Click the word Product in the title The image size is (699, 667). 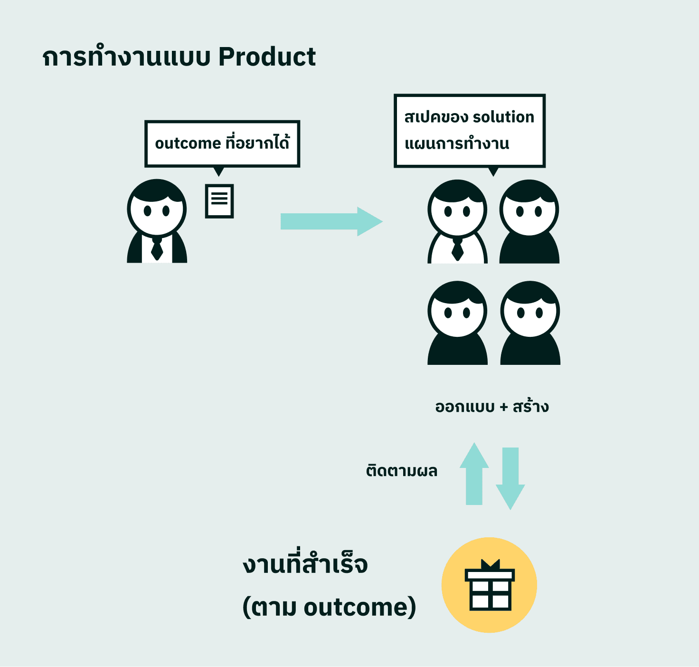coord(267,57)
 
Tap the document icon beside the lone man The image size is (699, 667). coord(219,201)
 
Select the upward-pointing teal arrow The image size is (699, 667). coord(474,474)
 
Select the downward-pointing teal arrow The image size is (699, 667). coord(510,477)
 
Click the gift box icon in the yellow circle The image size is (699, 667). coord(490,586)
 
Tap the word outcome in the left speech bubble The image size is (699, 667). coord(188,143)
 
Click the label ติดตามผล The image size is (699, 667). coord(401,471)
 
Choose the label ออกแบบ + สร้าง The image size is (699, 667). coord(492,407)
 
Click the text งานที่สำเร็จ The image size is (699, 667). coord(305,564)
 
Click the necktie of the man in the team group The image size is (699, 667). coord(457,249)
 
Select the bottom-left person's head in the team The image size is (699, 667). coord(457,310)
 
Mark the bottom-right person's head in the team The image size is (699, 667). coord(530,310)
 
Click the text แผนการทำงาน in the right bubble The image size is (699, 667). coord(457,143)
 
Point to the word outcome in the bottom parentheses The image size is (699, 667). coord(356,608)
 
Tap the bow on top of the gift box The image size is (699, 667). coord(490,564)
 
